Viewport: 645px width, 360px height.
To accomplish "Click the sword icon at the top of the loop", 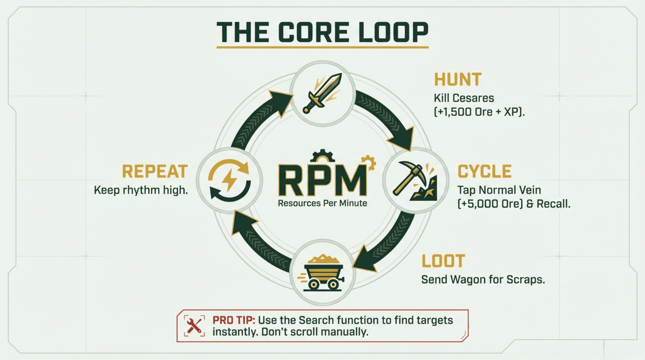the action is click(322, 93).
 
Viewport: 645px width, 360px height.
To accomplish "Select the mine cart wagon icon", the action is click(321, 272).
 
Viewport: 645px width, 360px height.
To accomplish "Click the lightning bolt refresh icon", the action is click(229, 180).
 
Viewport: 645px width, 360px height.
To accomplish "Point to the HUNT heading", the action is click(458, 79).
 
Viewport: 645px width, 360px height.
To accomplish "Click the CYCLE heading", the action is click(484, 172).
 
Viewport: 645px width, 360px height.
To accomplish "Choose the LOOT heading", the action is click(443, 261).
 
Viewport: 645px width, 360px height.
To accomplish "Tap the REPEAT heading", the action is click(155, 172).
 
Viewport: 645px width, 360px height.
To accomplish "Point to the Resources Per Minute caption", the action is click(322, 203).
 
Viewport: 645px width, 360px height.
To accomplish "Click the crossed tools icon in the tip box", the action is click(194, 326).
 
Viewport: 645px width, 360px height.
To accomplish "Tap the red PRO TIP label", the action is click(234, 320).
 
